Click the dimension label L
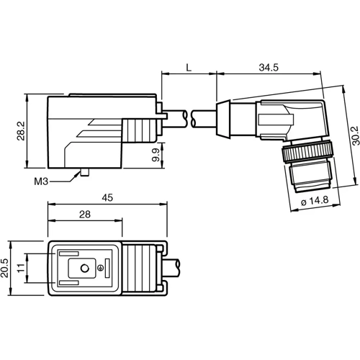(x=188, y=67)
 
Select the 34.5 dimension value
(x=267, y=67)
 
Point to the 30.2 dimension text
(x=351, y=137)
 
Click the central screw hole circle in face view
(x=85, y=268)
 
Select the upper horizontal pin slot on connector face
(x=68, y=253)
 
